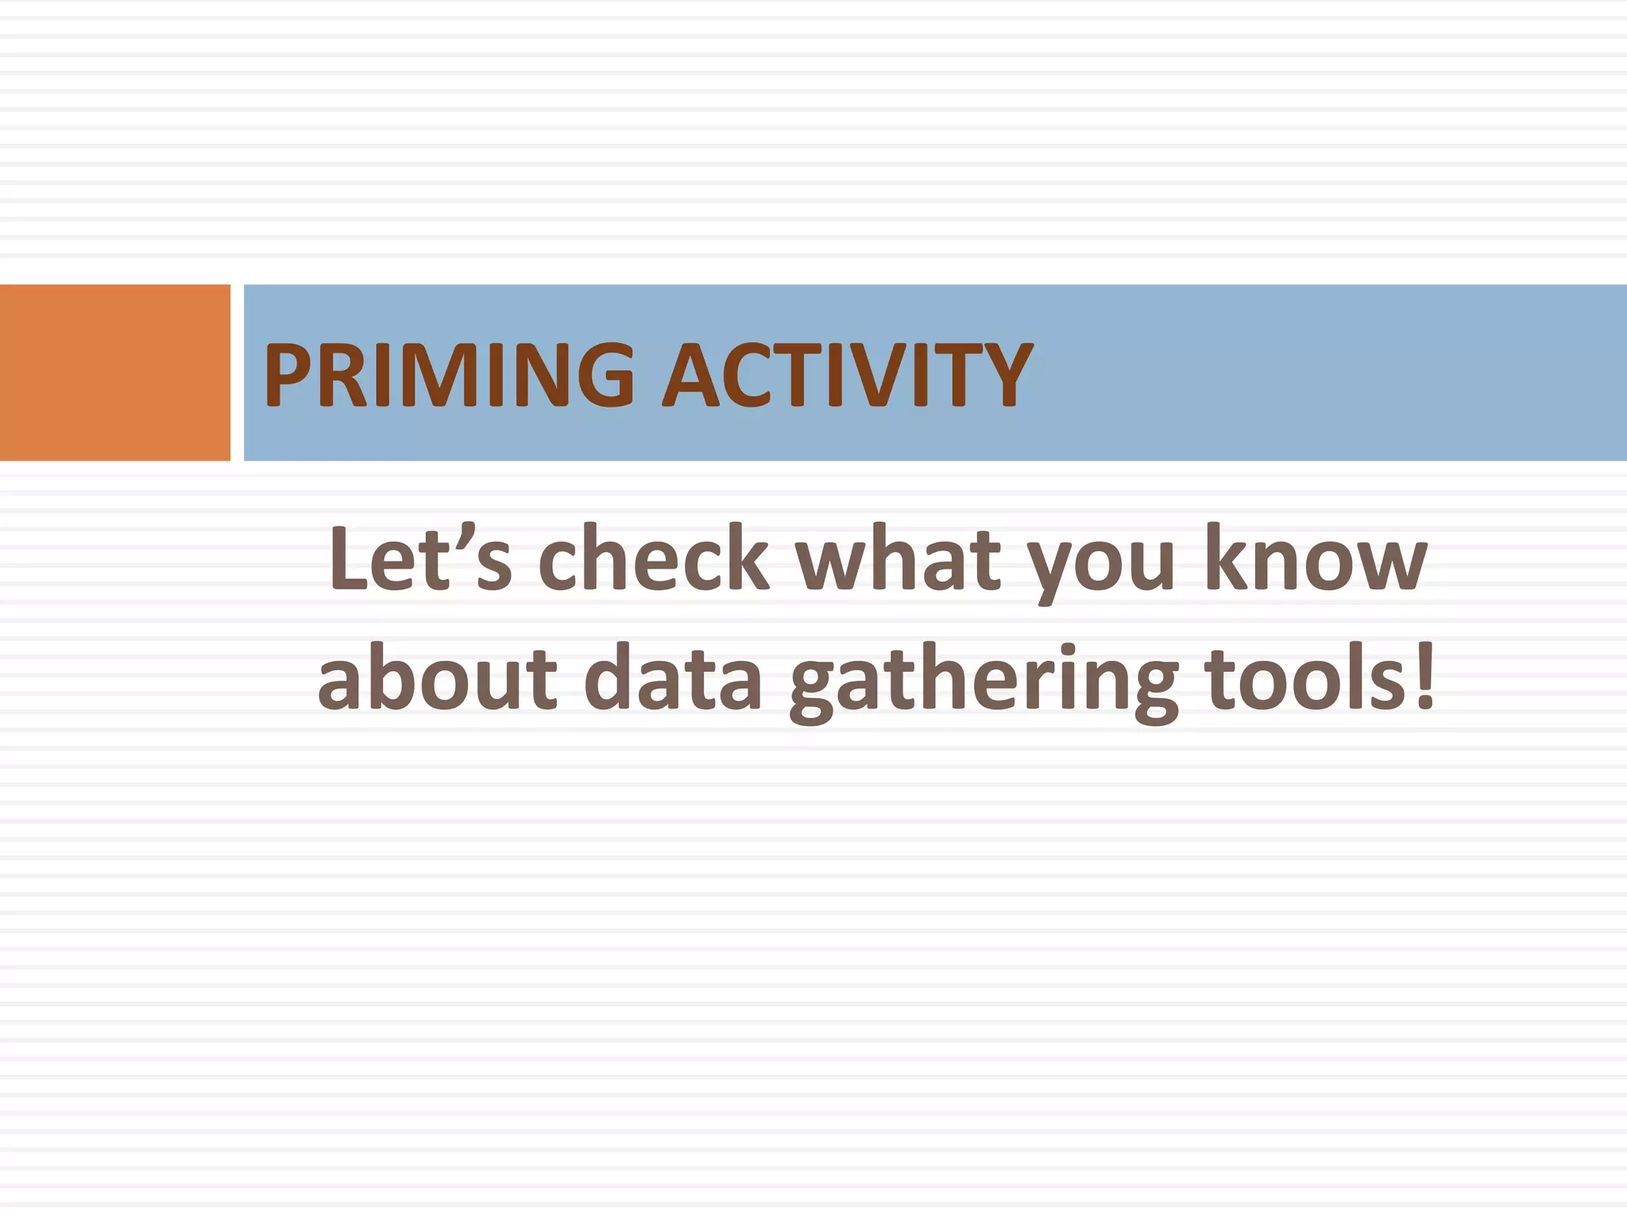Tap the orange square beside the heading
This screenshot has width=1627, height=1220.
(115, 372)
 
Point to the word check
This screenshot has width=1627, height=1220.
(653, 558)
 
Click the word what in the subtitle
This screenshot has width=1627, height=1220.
(898, 558)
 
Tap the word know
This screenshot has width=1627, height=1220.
(1316, 558)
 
